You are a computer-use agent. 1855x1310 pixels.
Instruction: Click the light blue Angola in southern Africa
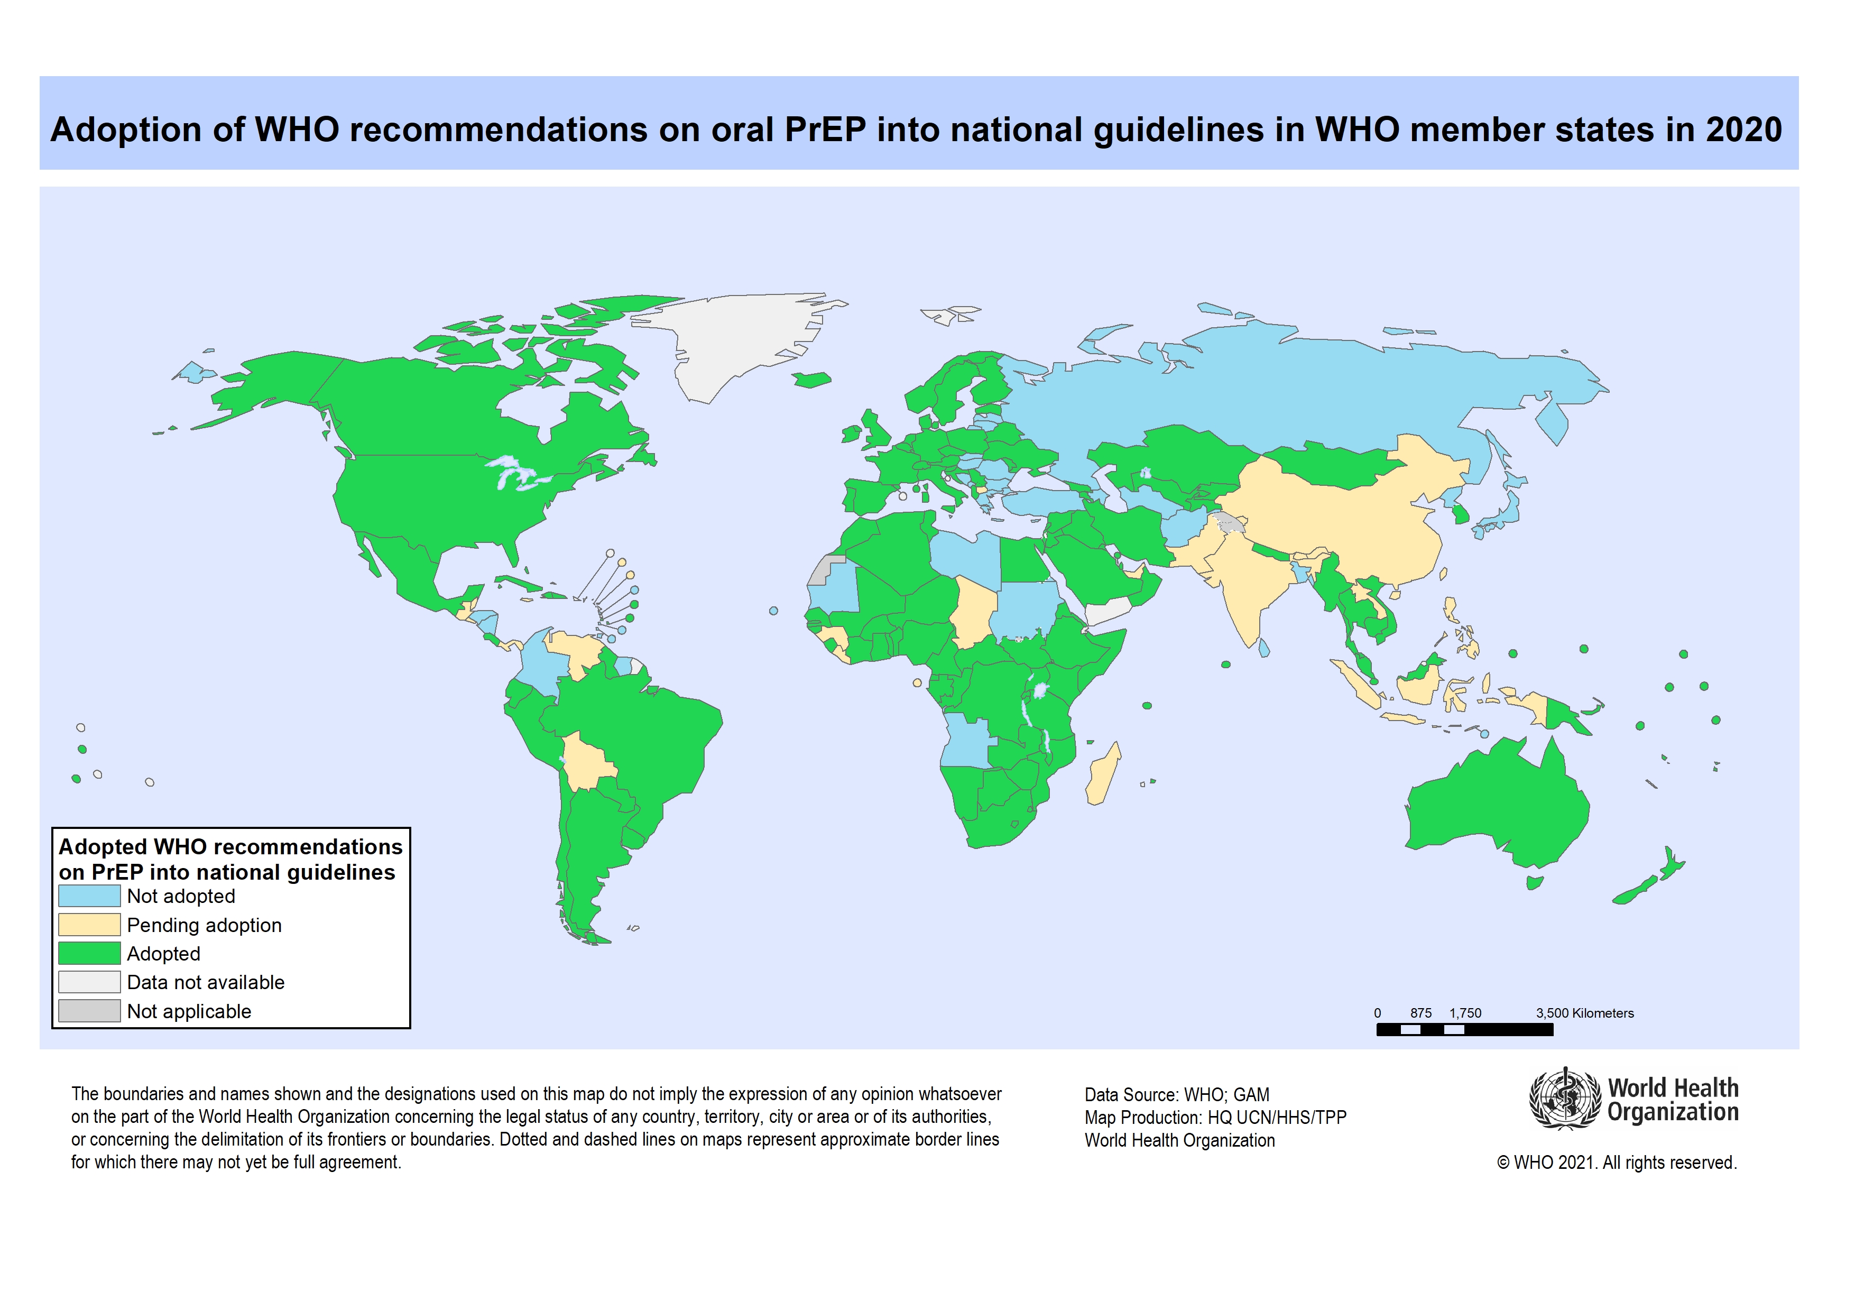965,740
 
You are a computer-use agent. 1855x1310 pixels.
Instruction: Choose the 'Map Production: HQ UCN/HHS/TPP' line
1215,1117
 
